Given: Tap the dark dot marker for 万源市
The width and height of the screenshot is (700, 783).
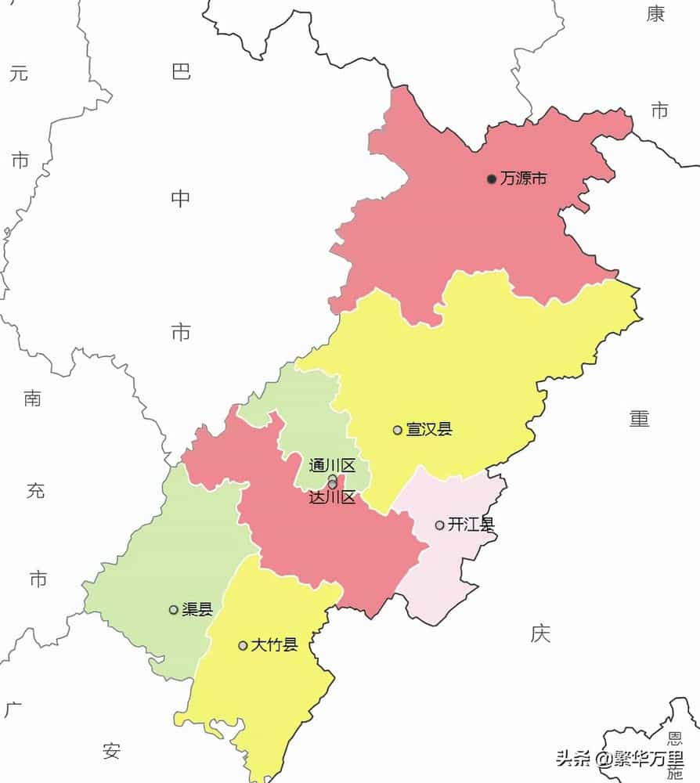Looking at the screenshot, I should pos(492,179).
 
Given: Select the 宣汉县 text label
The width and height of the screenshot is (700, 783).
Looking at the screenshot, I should pos(428,429).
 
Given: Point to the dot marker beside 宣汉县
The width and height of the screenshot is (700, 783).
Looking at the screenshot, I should pos(398,430).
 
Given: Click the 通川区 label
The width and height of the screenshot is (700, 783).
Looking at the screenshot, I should pos(332,466).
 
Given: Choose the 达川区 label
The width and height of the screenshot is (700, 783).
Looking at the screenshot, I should pos(332,497).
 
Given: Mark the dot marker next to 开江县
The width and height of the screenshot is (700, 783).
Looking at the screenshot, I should pos(440,525).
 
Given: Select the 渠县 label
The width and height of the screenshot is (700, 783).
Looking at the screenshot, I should pos(197,609).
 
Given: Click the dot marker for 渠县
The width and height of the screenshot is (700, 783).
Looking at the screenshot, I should pos(174,610).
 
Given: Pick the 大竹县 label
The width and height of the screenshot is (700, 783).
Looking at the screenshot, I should pos(274,645).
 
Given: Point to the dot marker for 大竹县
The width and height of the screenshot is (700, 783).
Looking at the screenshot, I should pos(244,646).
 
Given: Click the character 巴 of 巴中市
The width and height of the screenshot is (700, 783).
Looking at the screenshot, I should pos(181,73).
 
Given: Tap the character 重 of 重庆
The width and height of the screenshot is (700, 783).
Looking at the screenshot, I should pos(640,419).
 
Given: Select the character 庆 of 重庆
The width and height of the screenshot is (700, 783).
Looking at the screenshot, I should pos(540,633).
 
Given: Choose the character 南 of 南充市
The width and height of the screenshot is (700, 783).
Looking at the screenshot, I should pos(33,399).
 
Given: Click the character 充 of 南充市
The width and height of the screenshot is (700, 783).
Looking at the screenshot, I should pos(36,491).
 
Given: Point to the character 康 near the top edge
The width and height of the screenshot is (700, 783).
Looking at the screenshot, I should pos(655,13).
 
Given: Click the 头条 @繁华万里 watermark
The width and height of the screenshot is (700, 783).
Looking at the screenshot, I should pos(619,759).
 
